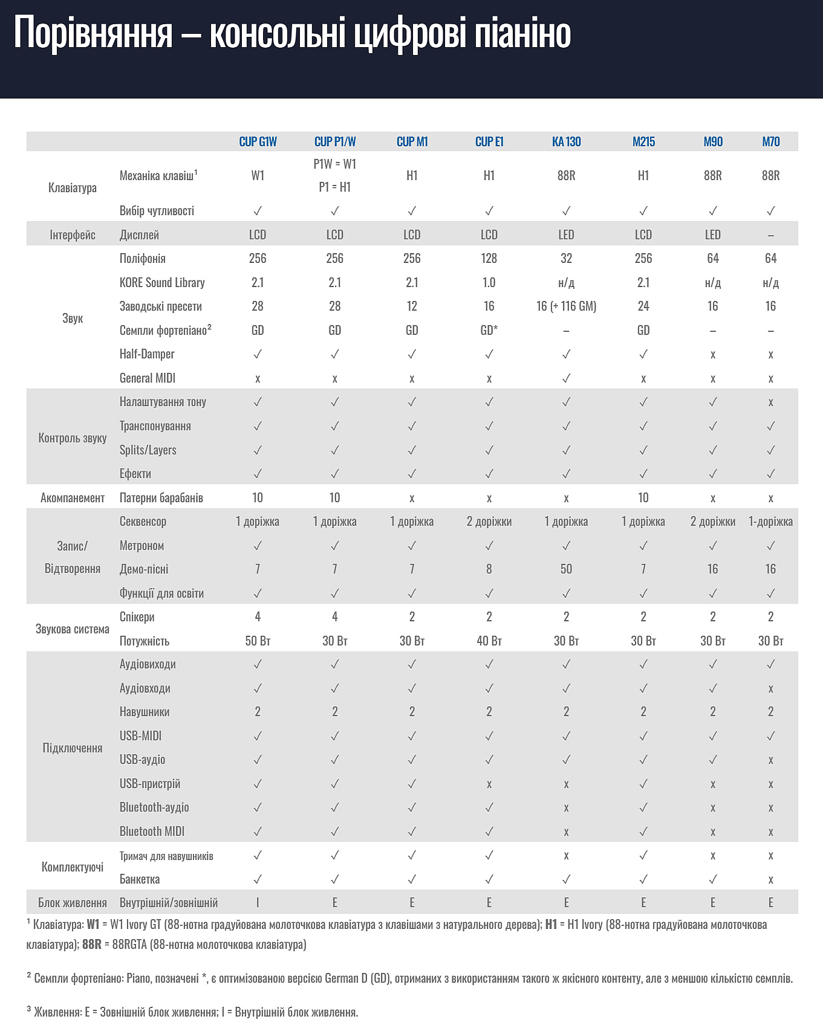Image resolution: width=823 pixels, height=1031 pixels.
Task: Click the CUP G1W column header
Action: [258, 141]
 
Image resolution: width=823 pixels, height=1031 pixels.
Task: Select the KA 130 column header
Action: [566, 141]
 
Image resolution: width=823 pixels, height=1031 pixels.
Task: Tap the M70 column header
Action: [770, 141]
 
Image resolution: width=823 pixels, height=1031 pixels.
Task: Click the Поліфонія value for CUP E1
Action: [489, 259]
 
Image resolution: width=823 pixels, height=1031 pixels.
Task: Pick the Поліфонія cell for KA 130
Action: [566, 259]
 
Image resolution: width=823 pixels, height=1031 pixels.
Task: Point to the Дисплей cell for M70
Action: [770, 235]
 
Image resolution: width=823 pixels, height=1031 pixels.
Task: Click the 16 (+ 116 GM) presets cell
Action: [566, 306]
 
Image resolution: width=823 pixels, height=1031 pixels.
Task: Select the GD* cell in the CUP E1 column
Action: [489, 330]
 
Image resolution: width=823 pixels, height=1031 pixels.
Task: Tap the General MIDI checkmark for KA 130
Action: [566, 378]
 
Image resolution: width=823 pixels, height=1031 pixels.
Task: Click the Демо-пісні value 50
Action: [566, 569]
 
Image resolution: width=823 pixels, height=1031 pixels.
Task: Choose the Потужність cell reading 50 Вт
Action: [258, 641]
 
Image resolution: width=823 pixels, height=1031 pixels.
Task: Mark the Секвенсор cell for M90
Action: [712, 522]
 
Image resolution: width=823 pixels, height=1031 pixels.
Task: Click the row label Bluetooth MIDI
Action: [152, 832]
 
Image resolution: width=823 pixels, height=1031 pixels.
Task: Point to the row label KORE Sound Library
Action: [162, 283]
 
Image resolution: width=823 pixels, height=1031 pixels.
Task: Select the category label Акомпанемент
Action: [73, 498]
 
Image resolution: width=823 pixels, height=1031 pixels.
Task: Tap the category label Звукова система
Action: [73, 629]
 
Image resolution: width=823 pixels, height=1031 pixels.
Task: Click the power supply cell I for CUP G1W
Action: [258, 903]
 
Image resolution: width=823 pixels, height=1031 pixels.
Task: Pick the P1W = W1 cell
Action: [334, 164]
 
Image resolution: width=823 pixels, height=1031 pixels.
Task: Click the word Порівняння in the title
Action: [94, 33]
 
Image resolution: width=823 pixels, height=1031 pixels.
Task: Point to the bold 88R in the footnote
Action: [92, 945]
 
